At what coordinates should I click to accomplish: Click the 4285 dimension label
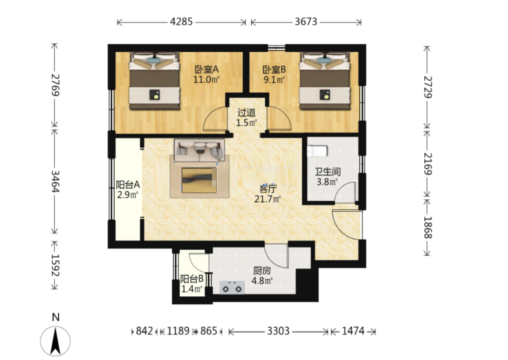[x=181, y=22]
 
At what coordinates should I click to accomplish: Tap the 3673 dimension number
[x=306, y=22]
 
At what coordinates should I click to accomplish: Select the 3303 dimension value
[x=278, y=331]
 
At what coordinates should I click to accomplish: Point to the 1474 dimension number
[x=353, y=331]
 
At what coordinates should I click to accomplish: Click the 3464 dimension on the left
[x=55, y=181]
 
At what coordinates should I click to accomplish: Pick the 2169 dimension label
[x=428, y=164]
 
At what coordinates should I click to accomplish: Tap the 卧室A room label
[x=206, y=69]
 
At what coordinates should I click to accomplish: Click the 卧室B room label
[x=274, y=69]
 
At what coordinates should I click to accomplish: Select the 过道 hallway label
[x=247, y=112]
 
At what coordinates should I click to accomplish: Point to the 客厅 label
[x=268, y=188]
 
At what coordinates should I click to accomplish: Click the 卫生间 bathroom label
[x=328, y=171]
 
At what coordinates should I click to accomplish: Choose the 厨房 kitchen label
[x=262, y=270]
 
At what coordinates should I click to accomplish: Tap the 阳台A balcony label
[x=128, y=184]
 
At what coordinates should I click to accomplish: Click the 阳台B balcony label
[x=192, y=278]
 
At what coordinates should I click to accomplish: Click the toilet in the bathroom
[x=317, y=151]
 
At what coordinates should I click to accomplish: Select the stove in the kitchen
[x=232, y=288]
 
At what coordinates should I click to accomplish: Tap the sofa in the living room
[x=199, y=150]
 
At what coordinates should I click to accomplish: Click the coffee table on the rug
[x=199, y=180]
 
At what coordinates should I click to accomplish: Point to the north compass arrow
[x=55, y=341]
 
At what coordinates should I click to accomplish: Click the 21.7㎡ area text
[x=267, y=199]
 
